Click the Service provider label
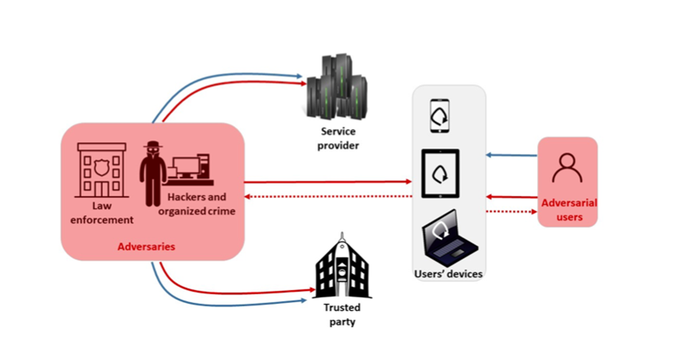click(x=340, y=139)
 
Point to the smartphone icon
click(x=439, y=116)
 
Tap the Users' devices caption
click(x=449, y=274)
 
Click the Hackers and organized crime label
click(x=196, y=204)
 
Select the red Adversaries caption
click(x=146, y=247)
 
